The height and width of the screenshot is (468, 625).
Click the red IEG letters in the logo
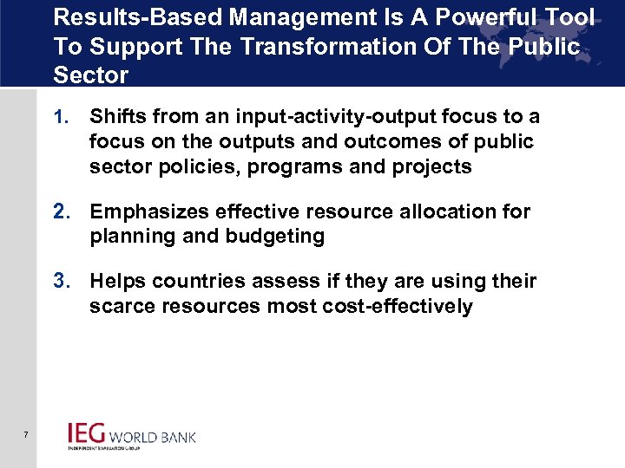(87, 432)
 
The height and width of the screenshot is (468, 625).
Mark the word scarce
(118, 307)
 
